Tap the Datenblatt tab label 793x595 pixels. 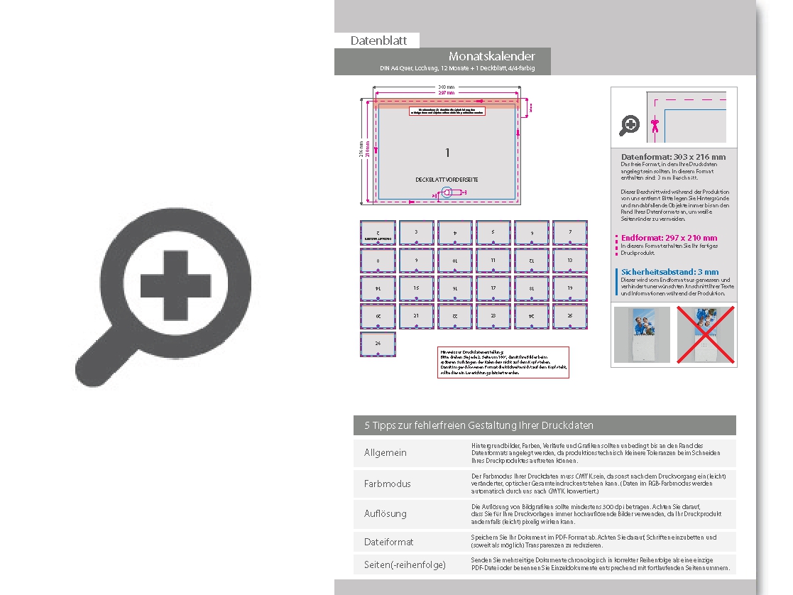click(x=378, y=40)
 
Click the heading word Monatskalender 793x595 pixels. click(x=491, y=56)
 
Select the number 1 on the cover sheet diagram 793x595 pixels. click(x=447, y=153)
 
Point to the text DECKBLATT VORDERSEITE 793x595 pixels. click(x=447, y=180)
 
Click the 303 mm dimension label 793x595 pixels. click(x=447, y=87)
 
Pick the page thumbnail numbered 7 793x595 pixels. click(x=570, y=233)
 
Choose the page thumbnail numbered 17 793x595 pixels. click(x=493, y=288)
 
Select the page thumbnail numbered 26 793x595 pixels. click(x=378, y=344)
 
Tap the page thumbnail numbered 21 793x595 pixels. click(x=417, y=316)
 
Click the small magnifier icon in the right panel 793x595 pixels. click(x=629, y=126)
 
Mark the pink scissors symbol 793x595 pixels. click(x=655, y=126)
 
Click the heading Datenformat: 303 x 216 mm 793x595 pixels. click(x=673, y=157)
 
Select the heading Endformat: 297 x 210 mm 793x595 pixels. click(x=669, y=238)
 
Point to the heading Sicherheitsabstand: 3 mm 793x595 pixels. click(x=669, y=272)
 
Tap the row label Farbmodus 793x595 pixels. click(x=387, y=484)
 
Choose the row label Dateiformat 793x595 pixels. click(x=388, y=542)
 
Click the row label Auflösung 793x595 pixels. click(x=385, y=513)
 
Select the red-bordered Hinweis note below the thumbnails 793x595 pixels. click(x=503, y=362)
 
